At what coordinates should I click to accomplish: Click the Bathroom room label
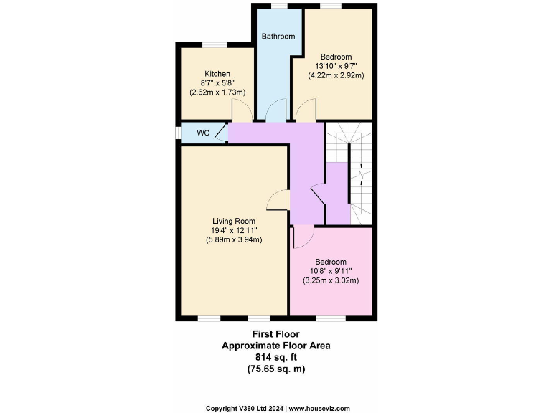[278, 37]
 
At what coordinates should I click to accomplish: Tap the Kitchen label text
[217, 74]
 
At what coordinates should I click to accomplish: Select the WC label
[203, 133]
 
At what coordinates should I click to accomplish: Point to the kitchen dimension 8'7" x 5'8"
[217, 83]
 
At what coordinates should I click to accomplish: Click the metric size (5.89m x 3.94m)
[233, 239]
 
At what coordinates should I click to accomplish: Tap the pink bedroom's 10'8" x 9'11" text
[330, 271]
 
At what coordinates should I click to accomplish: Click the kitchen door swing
[242, 110]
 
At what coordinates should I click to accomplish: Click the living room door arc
[277, 201]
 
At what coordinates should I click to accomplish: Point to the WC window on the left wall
[178, 133]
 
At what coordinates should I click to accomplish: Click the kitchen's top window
[215, 45]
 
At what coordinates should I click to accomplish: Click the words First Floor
[275, 334]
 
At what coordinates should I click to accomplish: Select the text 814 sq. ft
[275, 357]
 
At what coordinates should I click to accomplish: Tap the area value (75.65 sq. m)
[275, 369]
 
